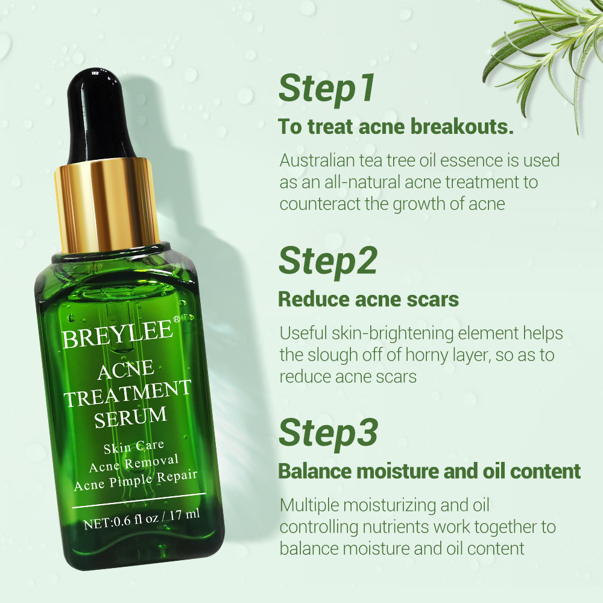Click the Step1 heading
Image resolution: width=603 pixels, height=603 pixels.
tap(326, 89)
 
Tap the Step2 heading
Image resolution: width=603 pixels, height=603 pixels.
tap(327, 260)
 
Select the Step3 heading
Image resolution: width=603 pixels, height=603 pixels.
tap(328, 432)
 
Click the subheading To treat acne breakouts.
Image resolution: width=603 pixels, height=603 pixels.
tap(395, 127)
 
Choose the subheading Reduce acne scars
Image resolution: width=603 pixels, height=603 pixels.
tap(368, 298)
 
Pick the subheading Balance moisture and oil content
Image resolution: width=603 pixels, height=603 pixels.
tap(429, 471)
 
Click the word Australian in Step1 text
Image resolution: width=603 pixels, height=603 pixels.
tap(318, 160)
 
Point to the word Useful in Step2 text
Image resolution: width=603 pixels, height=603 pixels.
tap(303, 333)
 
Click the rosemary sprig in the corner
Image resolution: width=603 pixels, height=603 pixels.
tap(543, 42)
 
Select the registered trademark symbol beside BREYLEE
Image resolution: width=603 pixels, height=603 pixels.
tap(176, 319)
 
